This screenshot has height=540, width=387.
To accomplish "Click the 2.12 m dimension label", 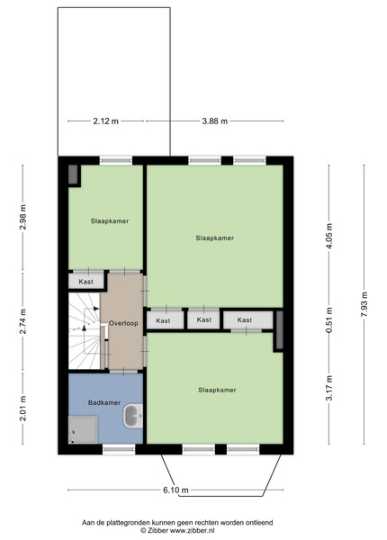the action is tap(105, 121).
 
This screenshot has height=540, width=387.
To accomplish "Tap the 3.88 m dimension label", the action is tap(214, 121).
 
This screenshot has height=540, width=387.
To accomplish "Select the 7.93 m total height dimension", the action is tap(364, 305).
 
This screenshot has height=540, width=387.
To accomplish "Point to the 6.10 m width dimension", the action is tap(175, 490).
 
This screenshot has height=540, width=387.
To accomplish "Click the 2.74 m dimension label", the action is tap(22, 321).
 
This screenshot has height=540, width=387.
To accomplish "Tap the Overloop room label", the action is tap(123, 323).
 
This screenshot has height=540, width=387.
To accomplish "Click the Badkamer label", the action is tap(104, 402).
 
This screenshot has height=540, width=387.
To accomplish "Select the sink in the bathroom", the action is tap(133, 417).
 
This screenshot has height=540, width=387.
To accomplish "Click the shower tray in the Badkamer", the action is tap(83, 429).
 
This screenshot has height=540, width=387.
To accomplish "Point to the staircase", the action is tap(85, 331).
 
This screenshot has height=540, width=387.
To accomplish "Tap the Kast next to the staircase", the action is tap(86, 282).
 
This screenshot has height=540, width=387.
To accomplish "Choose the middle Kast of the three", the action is tap(203, 319).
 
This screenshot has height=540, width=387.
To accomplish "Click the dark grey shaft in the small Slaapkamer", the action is tap(73, 175).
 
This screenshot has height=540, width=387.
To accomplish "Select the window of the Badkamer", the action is tap(119, 449).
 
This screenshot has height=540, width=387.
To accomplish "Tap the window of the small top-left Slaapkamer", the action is tap(116, 160).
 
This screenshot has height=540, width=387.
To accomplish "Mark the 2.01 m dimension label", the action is tap(22, 409).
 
